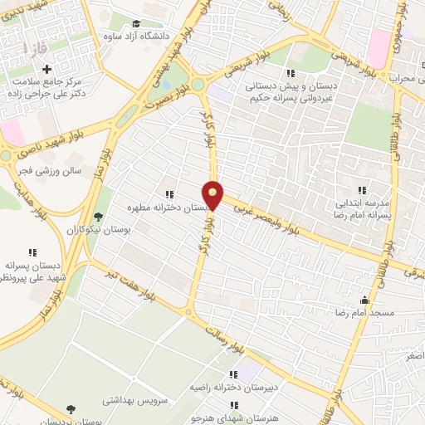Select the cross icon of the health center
coord(46,69)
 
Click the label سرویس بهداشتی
coord(134,400)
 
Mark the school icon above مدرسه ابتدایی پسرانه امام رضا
coord(360,190)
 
